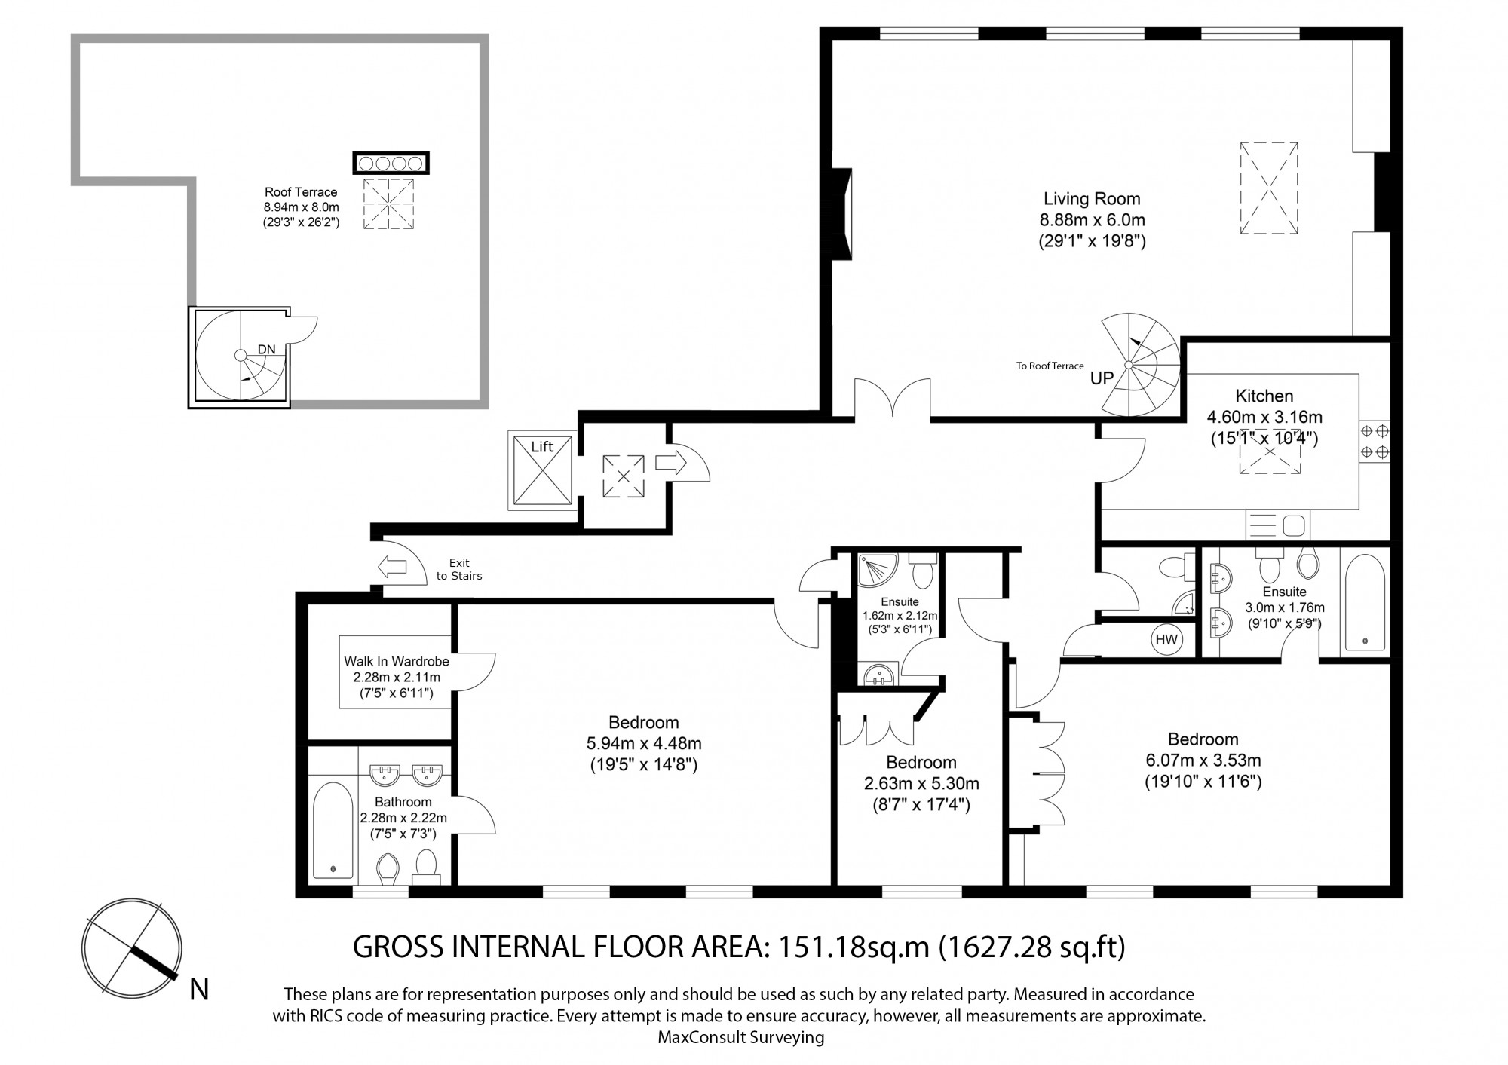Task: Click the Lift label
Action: [542, 447]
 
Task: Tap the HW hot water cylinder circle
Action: [1166, 640]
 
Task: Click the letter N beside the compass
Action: [199, 989]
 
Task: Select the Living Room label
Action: [1092, 199]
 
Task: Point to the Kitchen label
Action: [1264, 396]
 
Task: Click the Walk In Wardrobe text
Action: [397, 661]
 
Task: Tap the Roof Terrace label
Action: [301, 192]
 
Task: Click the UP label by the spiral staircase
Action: [1102, 378]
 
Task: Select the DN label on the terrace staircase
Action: [266, 349]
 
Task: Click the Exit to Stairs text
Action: [459, 569]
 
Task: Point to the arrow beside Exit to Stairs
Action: [392, 567]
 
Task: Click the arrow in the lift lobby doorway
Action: [671, 461]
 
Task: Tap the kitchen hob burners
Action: [1375, 442]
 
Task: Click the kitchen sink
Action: [1278, 524]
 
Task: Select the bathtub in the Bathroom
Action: [333, 831]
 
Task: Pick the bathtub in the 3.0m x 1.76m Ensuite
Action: [1365, 602]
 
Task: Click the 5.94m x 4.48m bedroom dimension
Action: [644, 743]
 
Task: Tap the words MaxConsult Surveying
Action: [741, 1038]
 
